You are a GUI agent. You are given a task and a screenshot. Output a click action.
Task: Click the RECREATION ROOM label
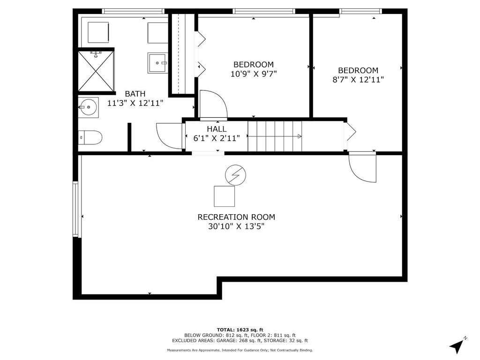236,217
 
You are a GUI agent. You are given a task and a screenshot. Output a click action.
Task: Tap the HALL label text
217,129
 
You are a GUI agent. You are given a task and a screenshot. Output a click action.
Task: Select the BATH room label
135,94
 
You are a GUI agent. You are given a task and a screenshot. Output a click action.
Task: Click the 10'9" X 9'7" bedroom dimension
254,74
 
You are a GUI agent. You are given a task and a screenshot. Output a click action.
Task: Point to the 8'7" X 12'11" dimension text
358,80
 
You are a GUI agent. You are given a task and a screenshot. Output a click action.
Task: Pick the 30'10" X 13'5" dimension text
236,226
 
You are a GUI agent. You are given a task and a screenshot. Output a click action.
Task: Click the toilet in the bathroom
90,137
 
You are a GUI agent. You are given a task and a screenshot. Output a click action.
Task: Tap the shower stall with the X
96,71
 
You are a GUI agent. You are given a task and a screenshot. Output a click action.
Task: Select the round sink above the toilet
88,107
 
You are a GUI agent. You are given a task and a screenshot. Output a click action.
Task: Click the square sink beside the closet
157,63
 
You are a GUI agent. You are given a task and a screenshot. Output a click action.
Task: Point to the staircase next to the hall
274,136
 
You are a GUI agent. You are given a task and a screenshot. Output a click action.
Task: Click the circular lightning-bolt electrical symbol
235,175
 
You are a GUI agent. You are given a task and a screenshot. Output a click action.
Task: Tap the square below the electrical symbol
224,196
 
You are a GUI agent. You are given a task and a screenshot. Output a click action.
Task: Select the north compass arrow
458,345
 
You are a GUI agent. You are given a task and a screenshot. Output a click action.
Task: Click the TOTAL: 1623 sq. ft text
240,329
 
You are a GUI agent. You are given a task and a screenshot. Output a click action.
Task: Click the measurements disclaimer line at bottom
240,350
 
